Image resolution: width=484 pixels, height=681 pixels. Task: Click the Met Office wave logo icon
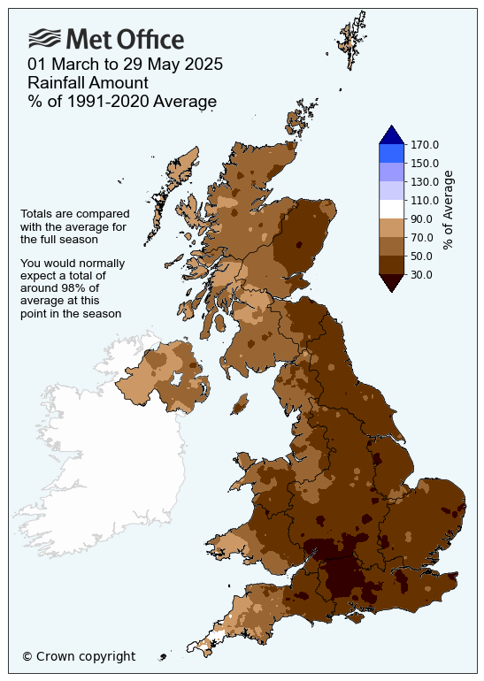[45, 38]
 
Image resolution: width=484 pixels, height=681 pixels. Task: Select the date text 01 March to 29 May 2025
[125, 65]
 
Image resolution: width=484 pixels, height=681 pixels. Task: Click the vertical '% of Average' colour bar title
[449, 210]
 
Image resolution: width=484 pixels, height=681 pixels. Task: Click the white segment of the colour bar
[392, 210]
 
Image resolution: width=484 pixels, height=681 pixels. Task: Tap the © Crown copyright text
[79, 656]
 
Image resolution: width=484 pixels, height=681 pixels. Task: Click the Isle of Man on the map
[239, 404]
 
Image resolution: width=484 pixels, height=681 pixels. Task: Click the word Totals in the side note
[36, 214]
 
